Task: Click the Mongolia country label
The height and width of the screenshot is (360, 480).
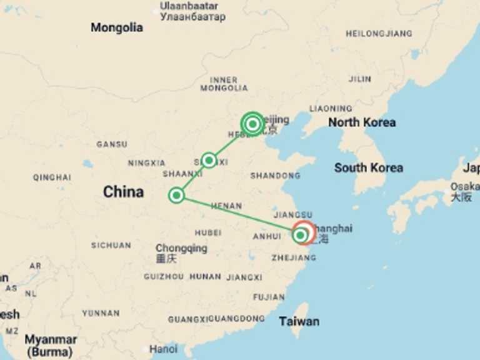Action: click(116, 27)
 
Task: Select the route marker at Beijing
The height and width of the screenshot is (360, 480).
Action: click(252, 124)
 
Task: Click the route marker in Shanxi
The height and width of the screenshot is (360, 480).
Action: click(209, 161)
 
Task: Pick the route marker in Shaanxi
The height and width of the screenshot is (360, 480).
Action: click(176, 195)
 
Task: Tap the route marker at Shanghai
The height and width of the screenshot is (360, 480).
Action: click(301, 235)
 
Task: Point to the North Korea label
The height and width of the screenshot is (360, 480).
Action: click(362, 122)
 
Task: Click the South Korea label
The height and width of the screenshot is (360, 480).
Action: click(368, 167)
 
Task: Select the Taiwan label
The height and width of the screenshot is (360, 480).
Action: click(299, 321)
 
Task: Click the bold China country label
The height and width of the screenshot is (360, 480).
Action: click(123, 192)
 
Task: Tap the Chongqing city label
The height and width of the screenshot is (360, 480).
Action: click(181, 249)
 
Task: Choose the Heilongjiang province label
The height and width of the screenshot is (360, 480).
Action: click(379, 34)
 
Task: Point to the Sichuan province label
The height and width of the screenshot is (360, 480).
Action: click(111, 246)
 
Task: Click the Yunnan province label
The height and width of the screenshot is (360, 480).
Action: click(100, 312)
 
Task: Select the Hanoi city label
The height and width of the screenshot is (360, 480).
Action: click(163, 349)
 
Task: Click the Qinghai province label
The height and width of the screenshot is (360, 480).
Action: click(52, 177)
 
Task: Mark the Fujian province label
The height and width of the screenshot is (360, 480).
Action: click(269, 297)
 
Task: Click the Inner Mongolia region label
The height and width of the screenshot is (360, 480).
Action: click(224, 84)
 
